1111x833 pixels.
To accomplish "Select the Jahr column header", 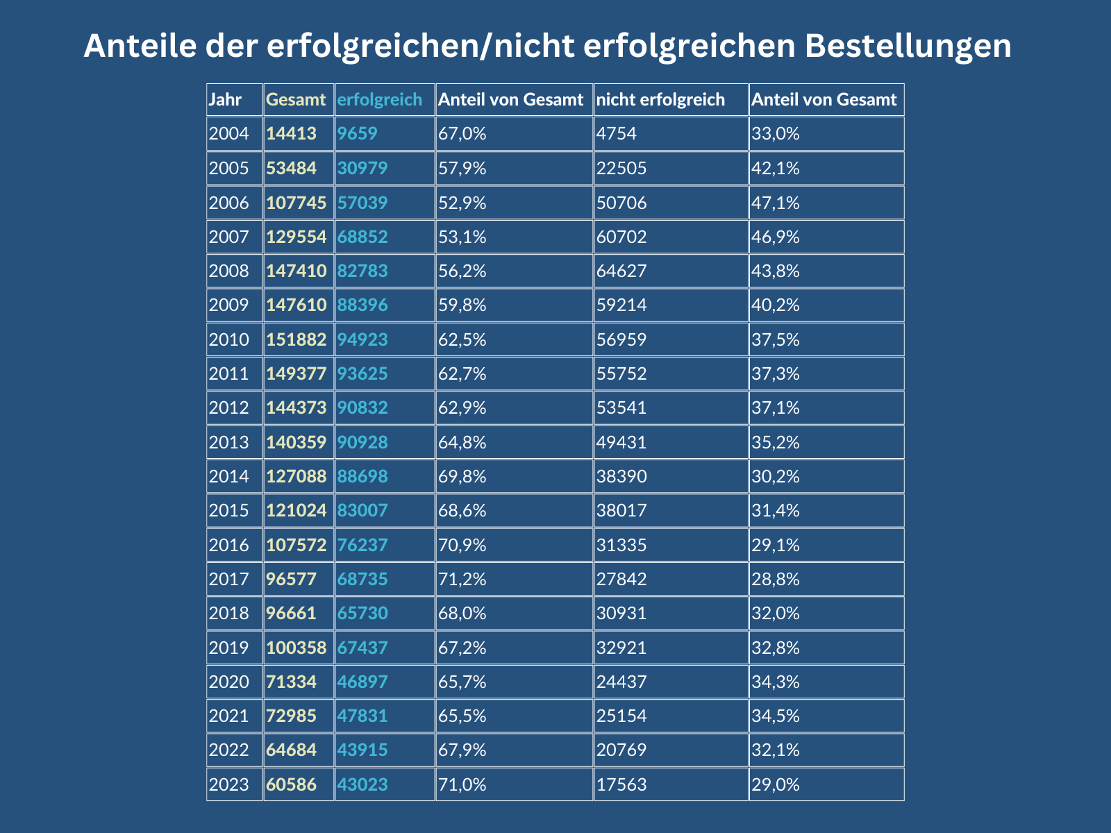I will tap(225, 100).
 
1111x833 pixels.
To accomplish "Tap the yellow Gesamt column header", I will tap(296, 100).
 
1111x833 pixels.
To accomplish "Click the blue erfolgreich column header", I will tap(379, 100).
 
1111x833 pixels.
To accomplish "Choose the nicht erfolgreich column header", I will tap(660, 100).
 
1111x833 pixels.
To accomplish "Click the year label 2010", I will tap(228, 339).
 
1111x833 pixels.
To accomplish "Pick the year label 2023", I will tap(228, 785).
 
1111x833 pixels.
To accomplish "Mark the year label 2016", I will tap(228, 545).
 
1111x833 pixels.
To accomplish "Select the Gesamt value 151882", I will tap(296, 339).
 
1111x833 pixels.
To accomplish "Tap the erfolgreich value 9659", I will tap(358, 133).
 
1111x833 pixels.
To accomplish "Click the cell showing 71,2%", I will tap(462, 579).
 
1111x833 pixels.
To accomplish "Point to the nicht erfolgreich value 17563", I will tap(621, 785).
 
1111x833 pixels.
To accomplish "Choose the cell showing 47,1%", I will tap(776, 203).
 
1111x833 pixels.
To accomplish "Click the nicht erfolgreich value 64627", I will tap(621, 271).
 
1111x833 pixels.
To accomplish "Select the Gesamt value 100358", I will tap(296, 648).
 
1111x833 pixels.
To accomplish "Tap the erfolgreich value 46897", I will tap(362, 682).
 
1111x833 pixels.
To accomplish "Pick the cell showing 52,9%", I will tap(462, 203).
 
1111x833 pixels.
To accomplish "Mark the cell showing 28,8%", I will tap(776, 579).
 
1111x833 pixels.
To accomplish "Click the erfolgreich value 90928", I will tap(362, 442).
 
